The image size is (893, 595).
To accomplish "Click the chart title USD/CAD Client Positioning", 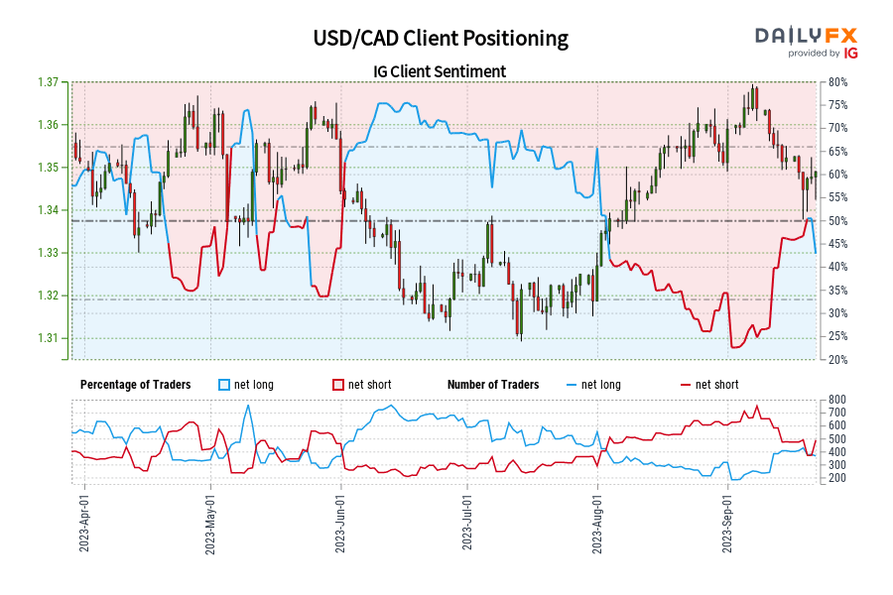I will (x=441, y=38).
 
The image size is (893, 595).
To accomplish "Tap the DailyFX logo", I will (x=807, y=35).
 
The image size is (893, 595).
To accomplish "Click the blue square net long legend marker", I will (x=224, y=385).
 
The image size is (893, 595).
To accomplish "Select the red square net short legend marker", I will (x=338, y=385).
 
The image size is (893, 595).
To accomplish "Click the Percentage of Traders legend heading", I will (x=137, y=385).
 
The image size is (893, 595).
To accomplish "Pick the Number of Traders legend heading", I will (x=493, y=385).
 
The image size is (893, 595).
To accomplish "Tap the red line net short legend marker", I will (x=686, y=385).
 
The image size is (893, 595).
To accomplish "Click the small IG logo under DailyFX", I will (x=849, y=54).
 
